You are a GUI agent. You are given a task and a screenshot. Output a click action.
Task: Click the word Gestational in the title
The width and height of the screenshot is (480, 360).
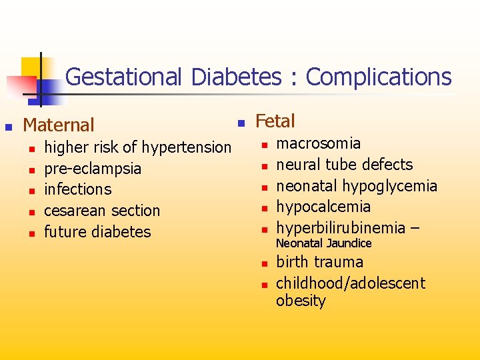[123, 77]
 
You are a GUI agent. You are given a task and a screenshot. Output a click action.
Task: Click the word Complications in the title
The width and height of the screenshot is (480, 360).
[378, 77]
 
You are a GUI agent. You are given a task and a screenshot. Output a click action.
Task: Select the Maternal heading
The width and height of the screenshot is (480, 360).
[59, 125]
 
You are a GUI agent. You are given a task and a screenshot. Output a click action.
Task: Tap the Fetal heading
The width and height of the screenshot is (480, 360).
[275, 121]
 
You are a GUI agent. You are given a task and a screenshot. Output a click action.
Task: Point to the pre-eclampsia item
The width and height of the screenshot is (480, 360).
[92, 168]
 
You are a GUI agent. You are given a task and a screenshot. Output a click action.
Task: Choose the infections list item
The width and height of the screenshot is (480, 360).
[77, 189]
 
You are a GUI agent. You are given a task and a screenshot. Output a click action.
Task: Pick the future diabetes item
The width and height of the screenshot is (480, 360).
[97, 232]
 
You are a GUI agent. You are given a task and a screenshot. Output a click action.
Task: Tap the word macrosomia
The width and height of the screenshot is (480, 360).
[318, 143]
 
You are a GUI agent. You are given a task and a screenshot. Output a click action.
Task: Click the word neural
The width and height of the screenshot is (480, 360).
[296, 165]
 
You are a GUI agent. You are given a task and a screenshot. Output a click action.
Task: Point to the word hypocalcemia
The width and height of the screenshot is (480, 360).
[323, 207]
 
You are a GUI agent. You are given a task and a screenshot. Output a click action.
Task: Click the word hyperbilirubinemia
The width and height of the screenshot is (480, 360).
[339, 228]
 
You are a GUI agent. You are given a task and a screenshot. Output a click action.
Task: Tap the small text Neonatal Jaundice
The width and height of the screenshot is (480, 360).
[323, 244]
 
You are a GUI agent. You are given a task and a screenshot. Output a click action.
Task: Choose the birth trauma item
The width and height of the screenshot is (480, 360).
[319, 262]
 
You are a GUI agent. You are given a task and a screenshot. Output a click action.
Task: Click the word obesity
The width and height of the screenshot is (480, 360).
[301, 301]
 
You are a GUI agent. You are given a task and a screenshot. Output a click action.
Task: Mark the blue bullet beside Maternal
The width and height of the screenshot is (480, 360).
[9, 125]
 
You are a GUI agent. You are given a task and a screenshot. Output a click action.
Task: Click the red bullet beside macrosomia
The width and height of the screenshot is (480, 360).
[263, 144]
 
